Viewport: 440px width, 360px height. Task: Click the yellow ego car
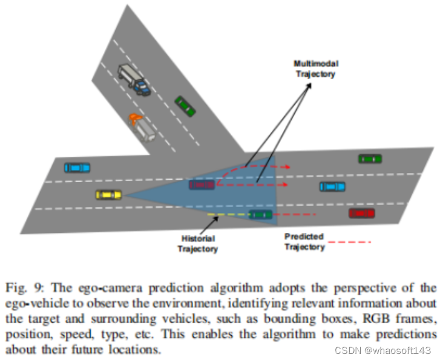click(108, 194)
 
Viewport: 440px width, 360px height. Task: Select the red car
click(361, 213)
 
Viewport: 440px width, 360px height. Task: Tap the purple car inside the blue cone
click(200, 185)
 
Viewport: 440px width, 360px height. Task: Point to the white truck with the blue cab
click(133, 79)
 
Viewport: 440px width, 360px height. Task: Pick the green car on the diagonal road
click(185, 105)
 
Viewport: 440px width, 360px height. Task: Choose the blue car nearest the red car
click(332, 186)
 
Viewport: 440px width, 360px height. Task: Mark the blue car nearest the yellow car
click(77, 166)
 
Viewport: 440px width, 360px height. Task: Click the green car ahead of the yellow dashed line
click(260, 214)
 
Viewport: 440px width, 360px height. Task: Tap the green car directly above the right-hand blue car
click(369, 159)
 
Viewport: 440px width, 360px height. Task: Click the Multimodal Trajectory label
click(315, 68)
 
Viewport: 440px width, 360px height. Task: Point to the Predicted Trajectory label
click(304, 241)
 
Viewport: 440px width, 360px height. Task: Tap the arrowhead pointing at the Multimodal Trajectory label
click(308, 84)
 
